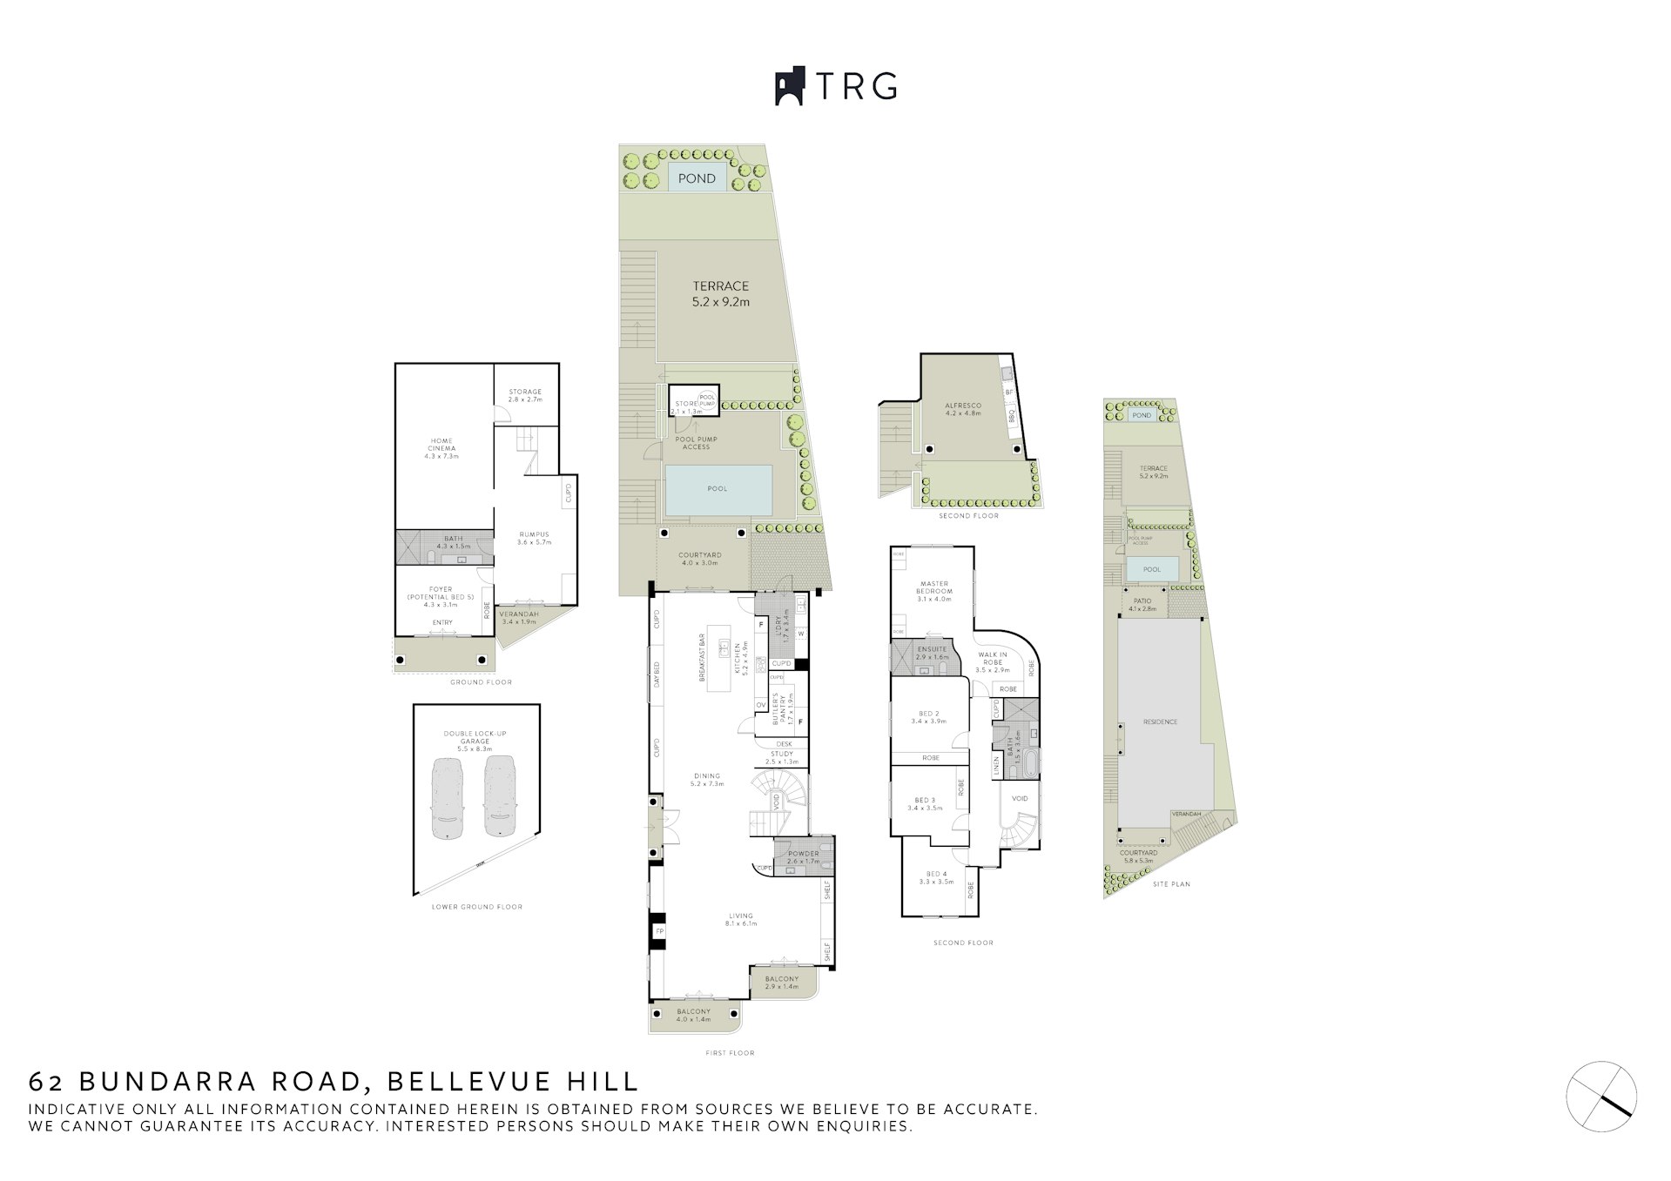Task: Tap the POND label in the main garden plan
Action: (697, 178)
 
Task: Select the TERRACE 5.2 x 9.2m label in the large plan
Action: (721, 293)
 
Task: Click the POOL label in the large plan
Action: (717, 488)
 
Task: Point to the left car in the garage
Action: (447, 797)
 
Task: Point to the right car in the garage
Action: (500, 797)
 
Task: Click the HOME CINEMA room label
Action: (441, 448)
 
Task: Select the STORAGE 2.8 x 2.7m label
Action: (525, 395)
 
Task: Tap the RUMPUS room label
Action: (534, 538)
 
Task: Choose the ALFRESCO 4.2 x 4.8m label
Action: (963, 409)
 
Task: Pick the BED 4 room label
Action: (936, 877)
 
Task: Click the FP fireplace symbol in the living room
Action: (659, 932)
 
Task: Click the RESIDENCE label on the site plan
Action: (1160, 721)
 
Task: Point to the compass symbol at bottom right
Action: (1601, 1097)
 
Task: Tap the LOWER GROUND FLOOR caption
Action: (477, 907)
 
